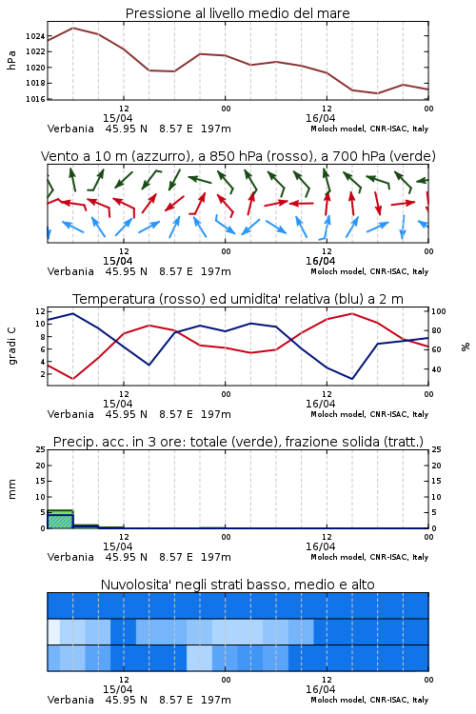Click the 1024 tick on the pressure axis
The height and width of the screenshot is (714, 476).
click(35, 36)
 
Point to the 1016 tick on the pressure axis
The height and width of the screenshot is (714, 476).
click(35, 99)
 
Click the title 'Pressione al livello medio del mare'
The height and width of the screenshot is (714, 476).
click(238, 13)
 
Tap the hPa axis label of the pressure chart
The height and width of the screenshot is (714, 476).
click(11, 60)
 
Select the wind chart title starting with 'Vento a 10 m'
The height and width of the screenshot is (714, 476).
click(238, 156)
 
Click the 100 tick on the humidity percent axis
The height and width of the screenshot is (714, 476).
click(439, 311)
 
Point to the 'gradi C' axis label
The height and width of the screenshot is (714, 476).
click(11, 347)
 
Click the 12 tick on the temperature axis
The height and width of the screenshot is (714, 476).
click(40, 311)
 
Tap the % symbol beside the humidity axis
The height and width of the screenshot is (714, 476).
click(466, 347)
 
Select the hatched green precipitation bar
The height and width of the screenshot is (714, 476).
click(60, 521)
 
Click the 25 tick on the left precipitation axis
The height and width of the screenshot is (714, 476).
click(40, 450)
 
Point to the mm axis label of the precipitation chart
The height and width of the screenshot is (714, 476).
click(11, 489)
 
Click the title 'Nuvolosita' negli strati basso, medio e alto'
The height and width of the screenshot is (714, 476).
click(238, 585)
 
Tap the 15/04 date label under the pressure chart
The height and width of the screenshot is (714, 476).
click(117, 118)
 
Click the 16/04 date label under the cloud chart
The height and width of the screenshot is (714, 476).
click(320, 689)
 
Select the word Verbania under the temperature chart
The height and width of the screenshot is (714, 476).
click(70, 414)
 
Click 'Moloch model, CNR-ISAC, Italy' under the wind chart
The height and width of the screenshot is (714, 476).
click(369, 271)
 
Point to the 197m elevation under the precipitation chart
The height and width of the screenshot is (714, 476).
click(216, 557)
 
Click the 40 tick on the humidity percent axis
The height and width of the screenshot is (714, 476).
click(436, 369)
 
